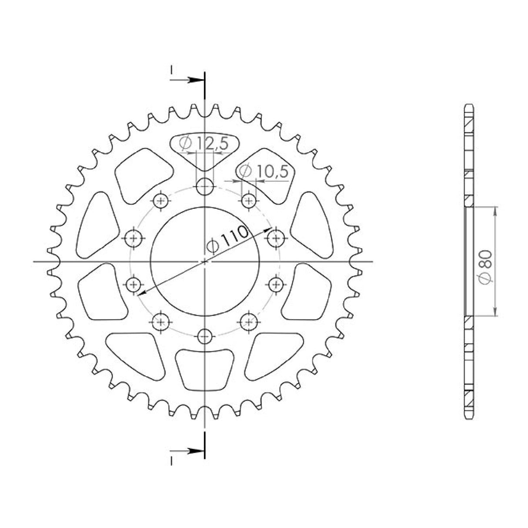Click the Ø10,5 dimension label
click(x=264, y=172)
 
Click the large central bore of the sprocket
click(x=204, y=261)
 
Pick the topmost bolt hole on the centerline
click(x=204, y=188)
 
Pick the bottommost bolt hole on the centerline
click(x=204, y=335)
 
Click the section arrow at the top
click(x=195, y=80)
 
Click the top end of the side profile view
click(x=468, y=107)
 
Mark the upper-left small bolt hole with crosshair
click(x=161, y=201)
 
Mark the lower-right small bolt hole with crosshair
click(x=248, y=322)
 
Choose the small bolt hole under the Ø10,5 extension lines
click(x=248, y=201)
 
